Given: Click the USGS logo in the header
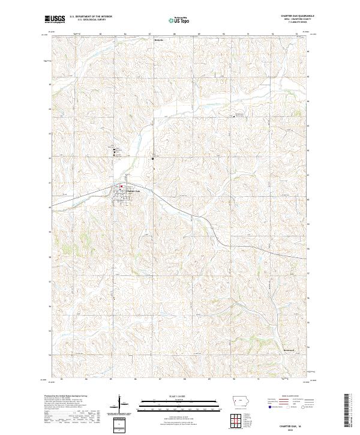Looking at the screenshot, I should [54, 19].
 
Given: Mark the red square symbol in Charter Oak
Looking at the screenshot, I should [121, 187].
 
